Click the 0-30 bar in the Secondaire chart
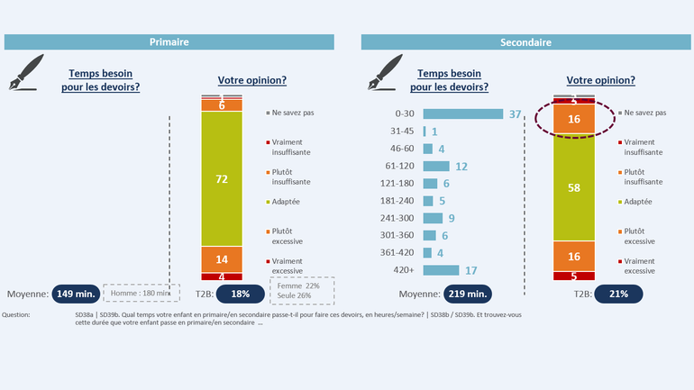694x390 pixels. pyautogui.click(x=462, y=114)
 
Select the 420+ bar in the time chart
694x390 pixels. pyautogui.click(x=441, y=270)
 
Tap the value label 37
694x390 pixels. pyautogui.click(x=516, y=114)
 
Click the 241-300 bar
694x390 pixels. pyautogui.click(x=433, y=218)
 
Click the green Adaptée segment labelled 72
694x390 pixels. pyautogui.click(x=222, y=178)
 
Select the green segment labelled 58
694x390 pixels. pyautogui.click(x=573, y=188)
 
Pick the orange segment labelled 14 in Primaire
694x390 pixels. pyautogui.click(x=222, y=258)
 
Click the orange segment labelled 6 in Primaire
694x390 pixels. pyautogui.click(x=222, y=105)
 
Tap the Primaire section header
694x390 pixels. pyautogui.click(x=169, y=42)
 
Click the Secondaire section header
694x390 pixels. pyautogui.click(x=525, y=42)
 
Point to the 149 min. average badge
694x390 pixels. pyautogui.click(x=77, y=294)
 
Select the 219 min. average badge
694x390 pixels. pyautogui.click(x=465, y=294)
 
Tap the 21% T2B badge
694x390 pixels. pyautogui.click(x=619, y=294)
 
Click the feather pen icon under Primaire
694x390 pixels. pyautogui.click(x=27, y=73)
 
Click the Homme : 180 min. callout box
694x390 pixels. pyautogui.click(x=137, y=293)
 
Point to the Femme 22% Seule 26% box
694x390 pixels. pyautogui.click(x=301, y=290)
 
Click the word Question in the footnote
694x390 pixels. pyautogui.click(x=16, y=315)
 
